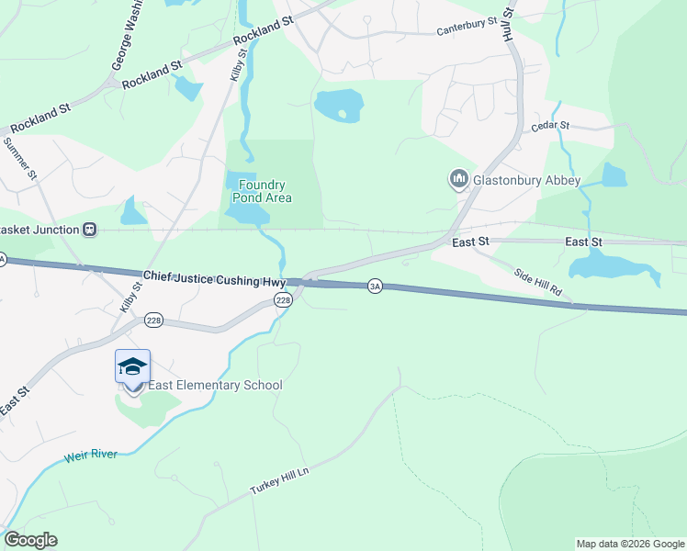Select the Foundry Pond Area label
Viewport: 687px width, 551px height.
coord(259,191)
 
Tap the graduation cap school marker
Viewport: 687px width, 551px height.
coord(133,366)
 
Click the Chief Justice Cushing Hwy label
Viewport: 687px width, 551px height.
coord(214,278)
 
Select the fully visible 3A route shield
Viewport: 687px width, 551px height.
coord(375,287)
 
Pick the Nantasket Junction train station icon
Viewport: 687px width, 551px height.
coord(89,229)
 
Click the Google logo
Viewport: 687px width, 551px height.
coord(30,540)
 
